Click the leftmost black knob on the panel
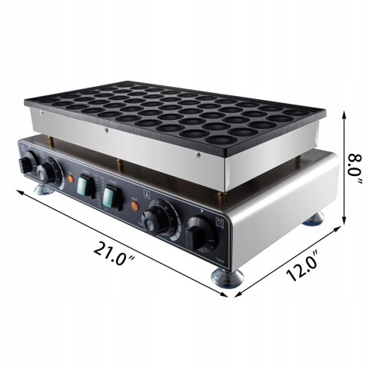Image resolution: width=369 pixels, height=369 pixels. point(28,165)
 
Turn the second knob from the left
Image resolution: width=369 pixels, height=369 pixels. point(53,172)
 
